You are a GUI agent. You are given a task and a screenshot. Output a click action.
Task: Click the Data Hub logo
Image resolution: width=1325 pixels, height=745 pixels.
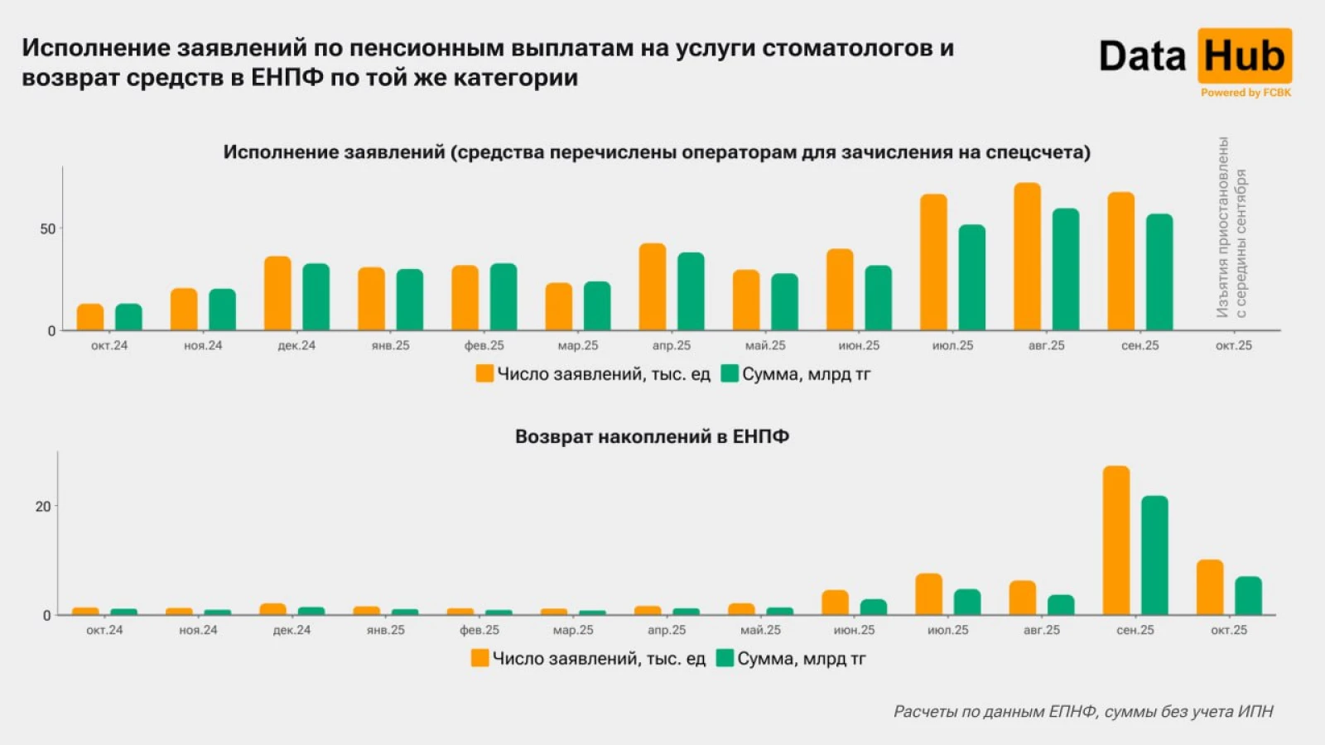[1194, 56]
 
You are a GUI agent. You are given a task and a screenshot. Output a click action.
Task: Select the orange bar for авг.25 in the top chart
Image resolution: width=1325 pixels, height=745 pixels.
[1027, 257]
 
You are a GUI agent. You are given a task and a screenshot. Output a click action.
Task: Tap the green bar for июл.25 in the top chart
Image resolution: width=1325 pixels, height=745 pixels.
[972, 277]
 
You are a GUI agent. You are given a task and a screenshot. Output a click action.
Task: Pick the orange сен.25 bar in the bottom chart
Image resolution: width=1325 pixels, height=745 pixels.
[1116, 541]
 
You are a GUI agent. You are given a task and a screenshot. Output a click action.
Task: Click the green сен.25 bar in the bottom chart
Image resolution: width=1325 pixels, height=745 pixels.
[1154, 555]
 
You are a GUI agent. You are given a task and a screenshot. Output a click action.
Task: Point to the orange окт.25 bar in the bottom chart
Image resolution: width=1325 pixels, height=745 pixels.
[1210, 588]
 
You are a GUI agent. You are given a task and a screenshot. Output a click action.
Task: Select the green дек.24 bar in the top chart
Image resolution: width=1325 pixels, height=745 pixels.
[316, 297]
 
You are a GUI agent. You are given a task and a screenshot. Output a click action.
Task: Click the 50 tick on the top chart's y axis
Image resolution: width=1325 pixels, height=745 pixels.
[48, 229]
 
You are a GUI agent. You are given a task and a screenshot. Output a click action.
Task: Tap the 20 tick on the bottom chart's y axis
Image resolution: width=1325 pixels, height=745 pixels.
[43, 507]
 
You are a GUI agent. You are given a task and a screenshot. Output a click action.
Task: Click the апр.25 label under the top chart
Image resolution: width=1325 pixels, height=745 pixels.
[671, 346]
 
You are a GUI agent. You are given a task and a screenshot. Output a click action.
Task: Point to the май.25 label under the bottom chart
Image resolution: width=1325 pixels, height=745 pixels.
[760, 630]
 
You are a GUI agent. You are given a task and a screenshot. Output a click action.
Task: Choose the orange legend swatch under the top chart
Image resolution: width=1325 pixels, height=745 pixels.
[484, 374]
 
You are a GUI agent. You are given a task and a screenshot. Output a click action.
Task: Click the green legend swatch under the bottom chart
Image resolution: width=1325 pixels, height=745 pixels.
[725, 658]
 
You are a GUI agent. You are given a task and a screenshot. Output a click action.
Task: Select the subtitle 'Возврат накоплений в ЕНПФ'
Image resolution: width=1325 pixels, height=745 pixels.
[652, 436]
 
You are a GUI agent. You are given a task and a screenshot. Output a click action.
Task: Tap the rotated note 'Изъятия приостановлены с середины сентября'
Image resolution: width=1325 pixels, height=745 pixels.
[1231, 228]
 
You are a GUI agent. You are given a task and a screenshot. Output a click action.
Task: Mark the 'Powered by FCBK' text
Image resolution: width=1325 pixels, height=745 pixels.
[1245, 93]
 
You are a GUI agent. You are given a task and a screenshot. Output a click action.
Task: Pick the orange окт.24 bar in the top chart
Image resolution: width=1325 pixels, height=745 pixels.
[90, 317]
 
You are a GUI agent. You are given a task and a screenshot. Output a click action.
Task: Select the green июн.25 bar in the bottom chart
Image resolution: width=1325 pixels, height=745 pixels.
[873, 607]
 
